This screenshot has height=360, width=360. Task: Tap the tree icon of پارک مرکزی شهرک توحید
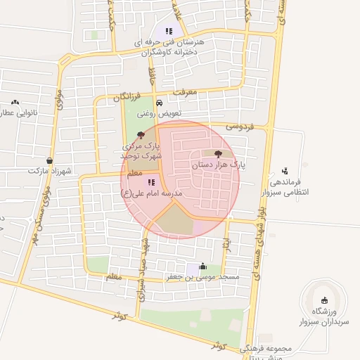[x=141, y=134]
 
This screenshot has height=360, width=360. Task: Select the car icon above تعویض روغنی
[x=159, y=103]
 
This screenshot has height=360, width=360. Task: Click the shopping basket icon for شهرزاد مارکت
[x=49, y=160]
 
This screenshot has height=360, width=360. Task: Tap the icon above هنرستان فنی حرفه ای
[x=168, y=31]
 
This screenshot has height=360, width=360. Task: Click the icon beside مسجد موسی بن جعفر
[x=203, y=266]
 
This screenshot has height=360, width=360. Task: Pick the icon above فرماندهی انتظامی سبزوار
[x=285, y=170]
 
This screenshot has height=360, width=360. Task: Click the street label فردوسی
[x=238, y=127]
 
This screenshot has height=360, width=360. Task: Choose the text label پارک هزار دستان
[x=218, y=166]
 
